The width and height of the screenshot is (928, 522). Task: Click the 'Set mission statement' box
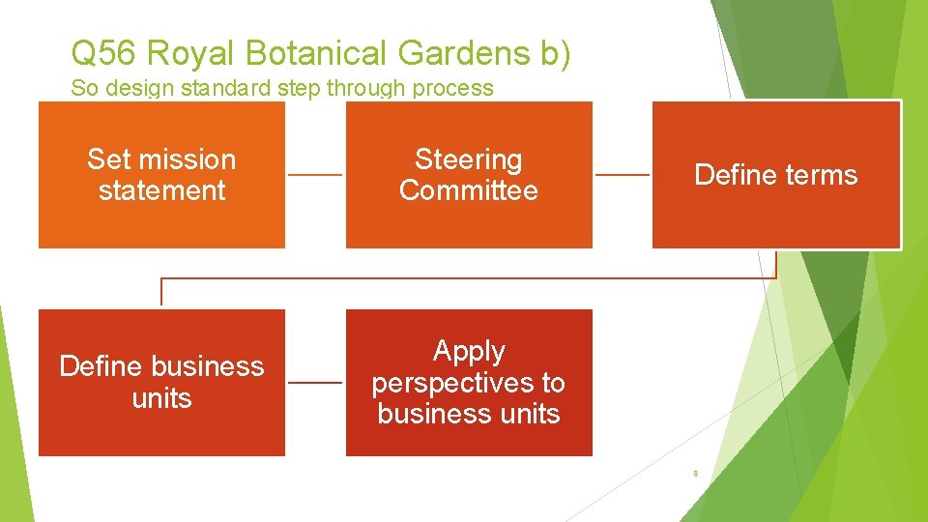pos(161,175)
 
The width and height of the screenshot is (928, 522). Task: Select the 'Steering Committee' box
pos(469,175)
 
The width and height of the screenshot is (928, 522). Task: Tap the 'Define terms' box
pos(776,175)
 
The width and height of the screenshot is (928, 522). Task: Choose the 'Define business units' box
pos(161,382)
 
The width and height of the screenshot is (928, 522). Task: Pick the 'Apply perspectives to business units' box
pos(469,382)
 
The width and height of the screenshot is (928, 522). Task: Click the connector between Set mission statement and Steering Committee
pos(315,175)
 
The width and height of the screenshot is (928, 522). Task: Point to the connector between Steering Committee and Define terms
pos(622,175)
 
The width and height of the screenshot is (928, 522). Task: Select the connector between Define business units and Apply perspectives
pos(315,382)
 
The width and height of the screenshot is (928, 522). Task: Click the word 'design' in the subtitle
pos(136,88)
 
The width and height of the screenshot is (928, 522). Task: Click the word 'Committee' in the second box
pos(469,190)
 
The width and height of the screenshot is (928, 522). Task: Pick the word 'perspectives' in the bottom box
pos(469,383)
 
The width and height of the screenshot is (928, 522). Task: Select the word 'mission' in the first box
pos(188,159)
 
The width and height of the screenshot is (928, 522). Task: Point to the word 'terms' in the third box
pos(822,175)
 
